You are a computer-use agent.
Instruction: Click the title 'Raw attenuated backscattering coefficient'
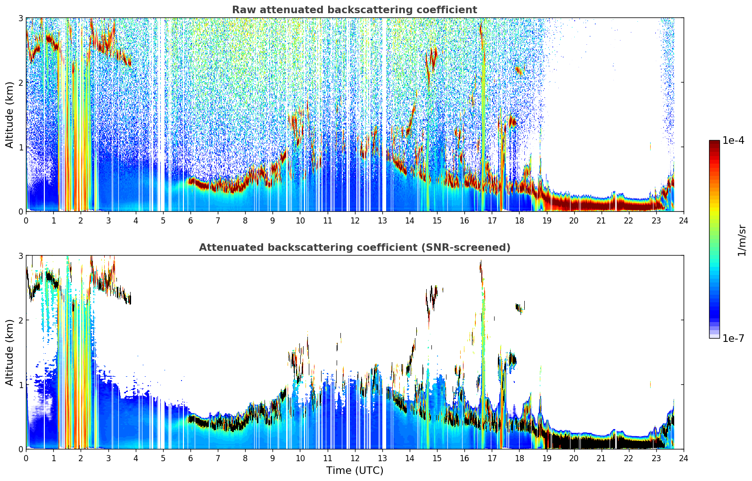click(x=355, y=10)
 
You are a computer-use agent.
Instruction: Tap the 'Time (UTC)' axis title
click(x=355, y=470)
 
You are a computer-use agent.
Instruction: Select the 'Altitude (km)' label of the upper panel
click(x=9, y=115)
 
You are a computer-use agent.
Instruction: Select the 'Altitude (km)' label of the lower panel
click(x=9, y=352)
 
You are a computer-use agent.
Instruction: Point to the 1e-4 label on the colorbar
click(x=734, y=141)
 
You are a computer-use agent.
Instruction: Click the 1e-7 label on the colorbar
click(x=734, y=338)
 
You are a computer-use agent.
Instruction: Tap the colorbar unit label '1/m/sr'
click(x=742, y=241)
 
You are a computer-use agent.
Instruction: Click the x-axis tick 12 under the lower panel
click(x=355, y=458)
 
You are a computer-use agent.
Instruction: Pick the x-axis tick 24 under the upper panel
click(x=684, y=221)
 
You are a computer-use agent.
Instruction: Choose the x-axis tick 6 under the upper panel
click(x=190, y=221)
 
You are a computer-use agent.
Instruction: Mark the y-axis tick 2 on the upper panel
click(x=20, y=83)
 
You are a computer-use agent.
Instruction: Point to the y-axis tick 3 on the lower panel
click(x=20, y=256)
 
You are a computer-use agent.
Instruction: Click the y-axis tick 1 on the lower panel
click(x=20, y=385)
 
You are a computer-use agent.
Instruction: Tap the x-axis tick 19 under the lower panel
click(x=546, y=458)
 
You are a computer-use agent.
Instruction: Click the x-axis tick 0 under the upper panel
click(x=26, y=221)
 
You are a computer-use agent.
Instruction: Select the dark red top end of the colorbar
click(x=714, y=142)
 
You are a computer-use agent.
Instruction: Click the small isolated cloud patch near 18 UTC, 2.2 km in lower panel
click(x=520, y=307)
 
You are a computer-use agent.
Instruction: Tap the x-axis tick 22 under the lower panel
click(x=628, y=458)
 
